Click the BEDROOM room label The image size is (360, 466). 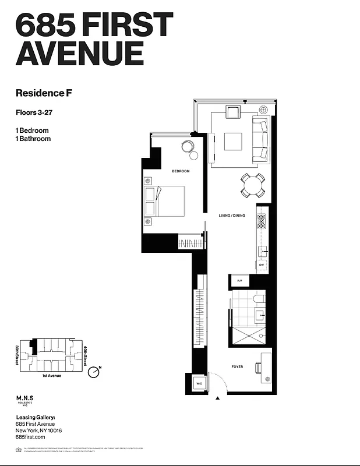tap(181, 171)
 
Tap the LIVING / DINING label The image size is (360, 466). tap(232, 216)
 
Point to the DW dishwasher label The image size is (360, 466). tap(262, 266)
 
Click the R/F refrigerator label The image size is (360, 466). tap(239, 281)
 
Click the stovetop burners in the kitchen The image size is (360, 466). tap(262, 220)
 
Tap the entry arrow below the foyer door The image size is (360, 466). tap(217, 398)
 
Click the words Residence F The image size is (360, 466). tap(44, 92)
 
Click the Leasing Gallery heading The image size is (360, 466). tap(36, 417)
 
